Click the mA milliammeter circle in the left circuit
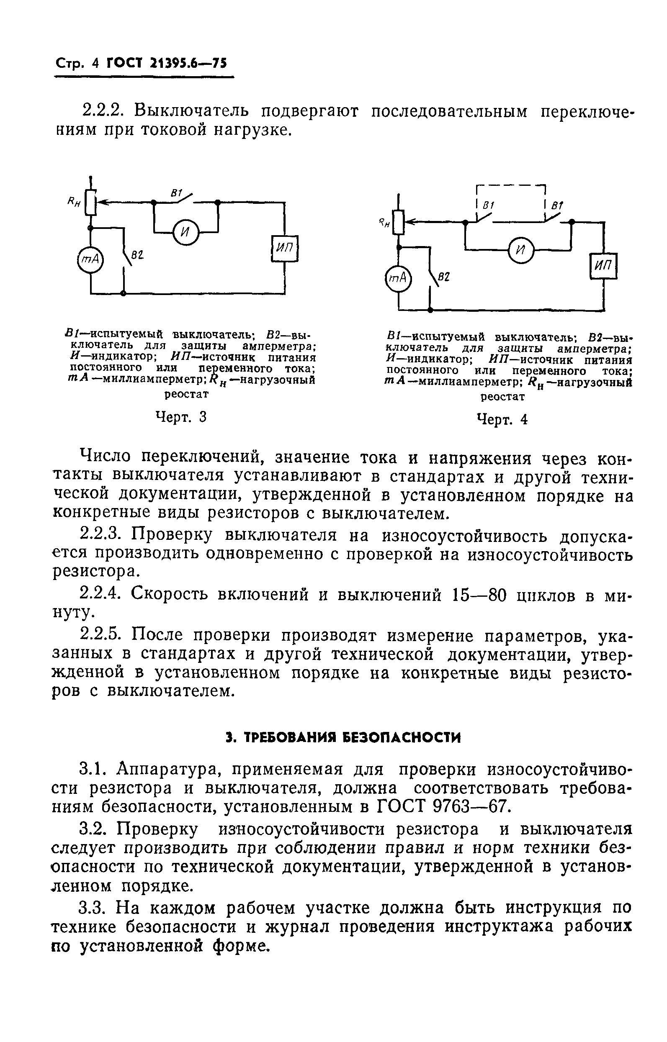click(x=90, y=259)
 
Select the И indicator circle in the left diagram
click(x=185, y=233)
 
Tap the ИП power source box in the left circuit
click(x=285, y=248)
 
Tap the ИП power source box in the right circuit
click(x=603, y=266)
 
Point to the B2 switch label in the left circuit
click(x=138, y=257)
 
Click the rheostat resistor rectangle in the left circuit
click(x=90, y=203)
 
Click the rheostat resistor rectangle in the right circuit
click(x=399, y=222)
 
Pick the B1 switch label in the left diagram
click(x=177, y=193)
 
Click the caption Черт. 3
click(x=180, y=417)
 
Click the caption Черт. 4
click(x=502, y=419)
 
